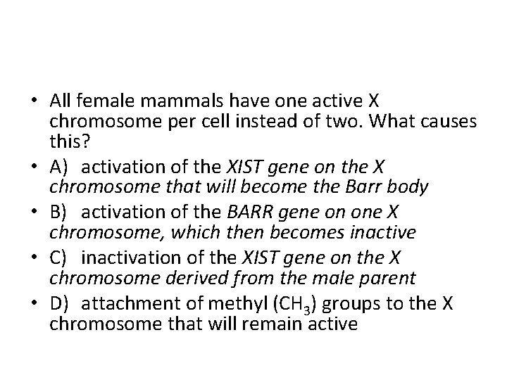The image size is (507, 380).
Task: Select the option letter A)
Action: click(x=60, y=166)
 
